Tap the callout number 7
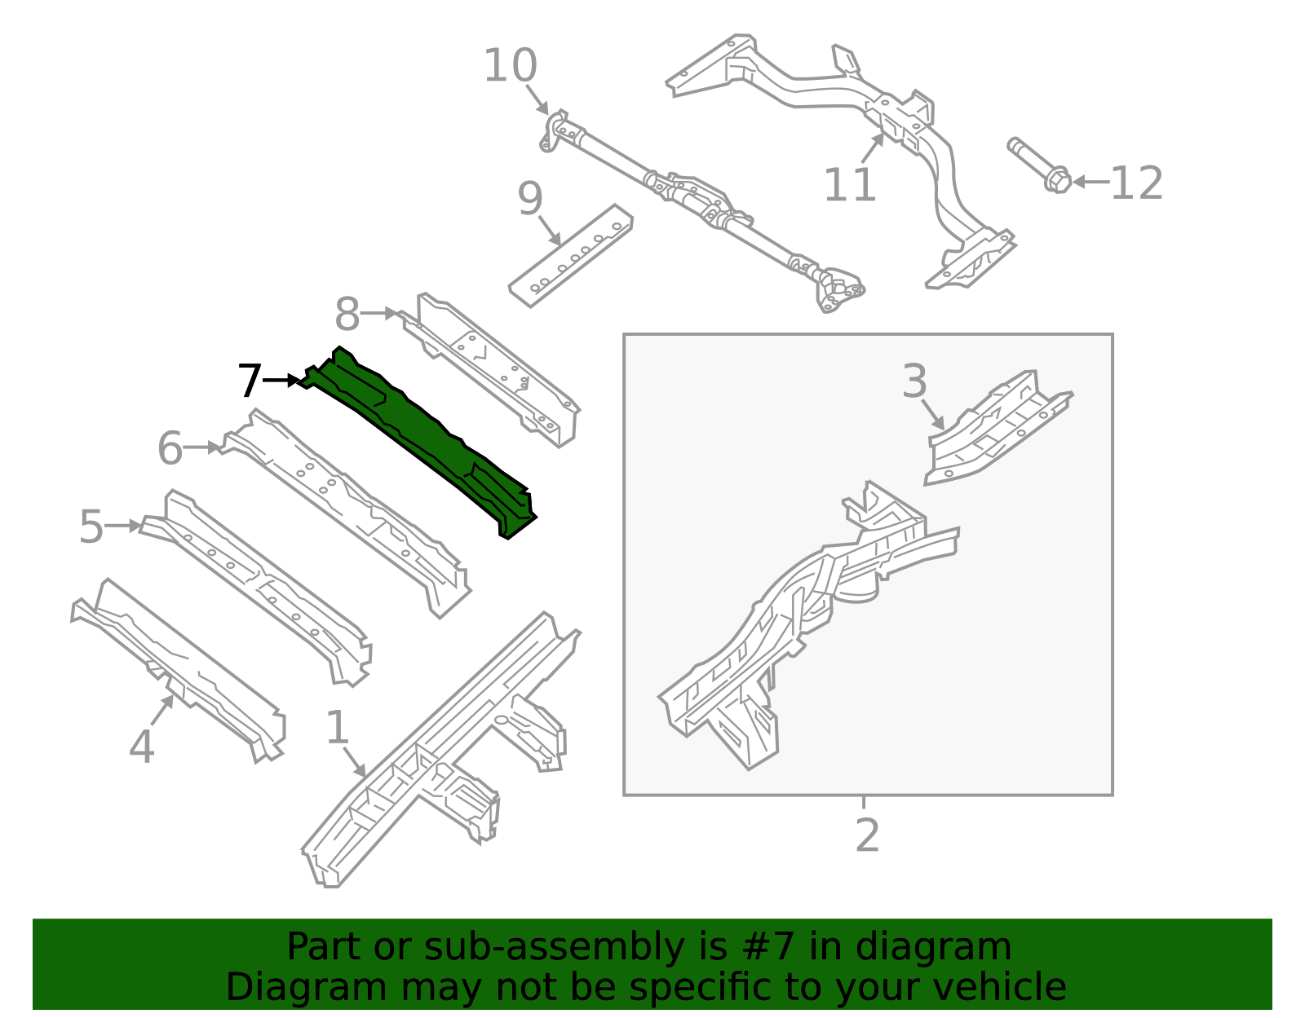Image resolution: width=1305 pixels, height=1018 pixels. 250,381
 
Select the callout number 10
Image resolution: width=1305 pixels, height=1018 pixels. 510,65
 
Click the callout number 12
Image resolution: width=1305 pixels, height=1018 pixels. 1137,183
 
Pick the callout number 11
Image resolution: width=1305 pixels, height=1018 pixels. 850,185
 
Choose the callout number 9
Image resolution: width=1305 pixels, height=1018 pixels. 530,199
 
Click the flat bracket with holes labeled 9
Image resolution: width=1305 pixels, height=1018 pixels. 570,256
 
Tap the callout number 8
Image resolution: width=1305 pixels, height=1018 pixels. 347,314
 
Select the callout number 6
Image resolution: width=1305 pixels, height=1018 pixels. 170,448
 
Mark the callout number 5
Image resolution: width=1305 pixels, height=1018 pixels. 91,527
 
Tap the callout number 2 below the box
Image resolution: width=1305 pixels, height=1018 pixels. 867,835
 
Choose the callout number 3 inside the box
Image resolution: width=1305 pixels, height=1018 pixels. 914,381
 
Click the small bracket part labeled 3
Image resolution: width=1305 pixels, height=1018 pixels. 998,427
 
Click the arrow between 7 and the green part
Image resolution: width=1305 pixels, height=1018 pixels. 281,381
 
